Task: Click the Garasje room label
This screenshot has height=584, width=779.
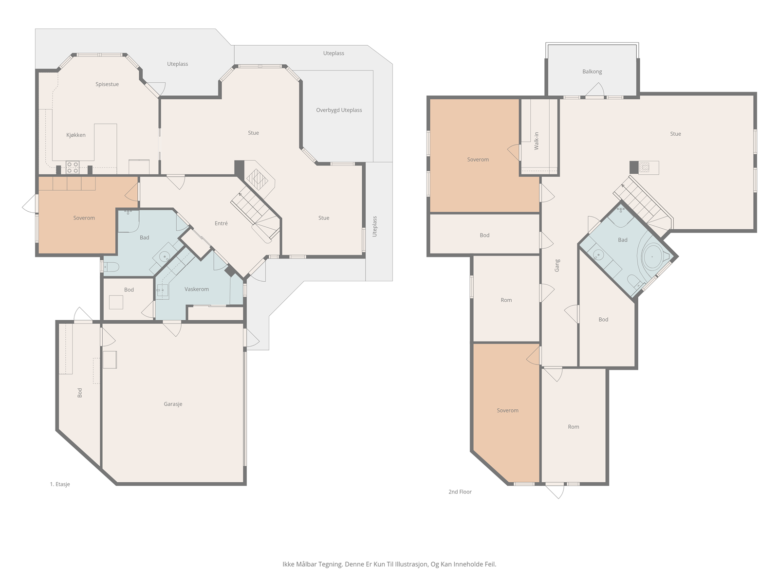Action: click(x=173, y=404)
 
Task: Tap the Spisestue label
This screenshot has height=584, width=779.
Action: click(x=107, y=84)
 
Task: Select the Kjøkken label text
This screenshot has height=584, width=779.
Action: click(x=75, y=135)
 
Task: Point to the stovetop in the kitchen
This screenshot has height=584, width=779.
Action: click(x=73, y=167)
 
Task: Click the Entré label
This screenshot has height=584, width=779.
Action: click(x=221, y=223)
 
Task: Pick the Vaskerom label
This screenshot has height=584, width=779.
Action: click(x=197, y=290)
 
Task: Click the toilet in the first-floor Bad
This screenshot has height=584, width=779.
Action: click(x=111, y=267)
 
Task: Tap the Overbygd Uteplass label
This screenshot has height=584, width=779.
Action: click(x=339, y=110)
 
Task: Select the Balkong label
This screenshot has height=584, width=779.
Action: click(x=592, y=72)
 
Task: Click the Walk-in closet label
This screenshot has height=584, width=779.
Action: click(x=536, y=141)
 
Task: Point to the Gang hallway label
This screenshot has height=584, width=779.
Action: click(x=557, y=266)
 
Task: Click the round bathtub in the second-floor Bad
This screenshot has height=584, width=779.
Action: click(x=652, y=257)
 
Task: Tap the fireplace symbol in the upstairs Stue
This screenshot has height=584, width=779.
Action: click(x=644, y=167)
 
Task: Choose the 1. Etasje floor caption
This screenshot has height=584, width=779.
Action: click(x=59, y=484)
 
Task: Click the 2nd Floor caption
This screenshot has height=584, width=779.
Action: click(x=460, y=492)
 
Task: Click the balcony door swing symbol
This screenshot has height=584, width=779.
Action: click(x=595, y=90)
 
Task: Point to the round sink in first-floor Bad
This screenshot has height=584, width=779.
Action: click(x=165, y=255)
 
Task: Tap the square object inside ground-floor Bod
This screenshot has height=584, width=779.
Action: click(x=116, y=302)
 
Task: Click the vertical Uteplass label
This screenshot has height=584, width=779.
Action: click(x=374, y=227)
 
